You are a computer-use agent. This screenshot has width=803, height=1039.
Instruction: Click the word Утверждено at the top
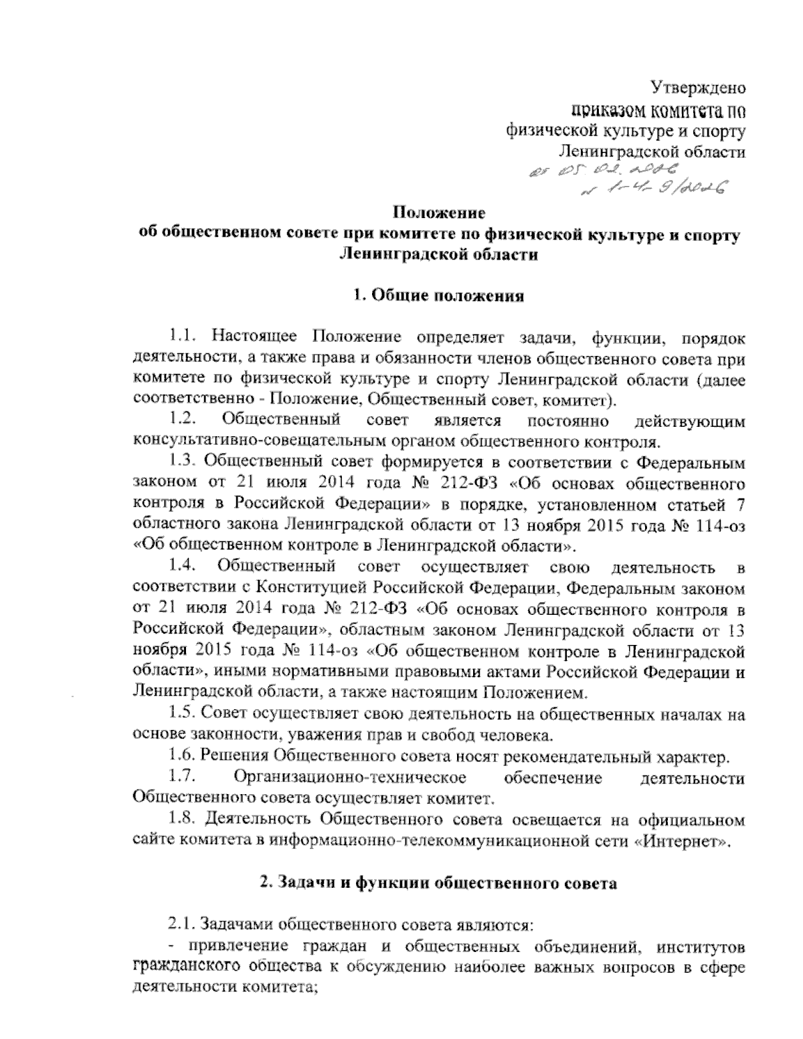(699, 87)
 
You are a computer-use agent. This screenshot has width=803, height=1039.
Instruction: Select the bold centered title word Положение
(438, 214)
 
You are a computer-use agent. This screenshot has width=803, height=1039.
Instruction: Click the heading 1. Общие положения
(438, 296)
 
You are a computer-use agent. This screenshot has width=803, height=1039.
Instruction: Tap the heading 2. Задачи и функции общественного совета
(438, 882)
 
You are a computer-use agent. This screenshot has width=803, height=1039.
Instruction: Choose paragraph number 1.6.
(182, 757)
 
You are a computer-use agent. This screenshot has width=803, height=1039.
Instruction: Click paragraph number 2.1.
(182, 925)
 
